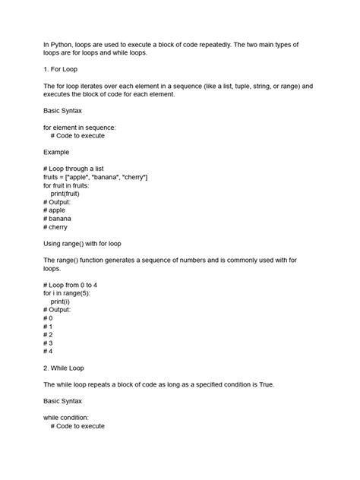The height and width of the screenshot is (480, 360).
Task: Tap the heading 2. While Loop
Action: click(69, 368)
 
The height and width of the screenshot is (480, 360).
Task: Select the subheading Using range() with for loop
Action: click(93, 244)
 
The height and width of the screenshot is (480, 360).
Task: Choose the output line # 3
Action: click(48, 343)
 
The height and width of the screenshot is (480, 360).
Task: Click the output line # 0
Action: click(48, 317)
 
